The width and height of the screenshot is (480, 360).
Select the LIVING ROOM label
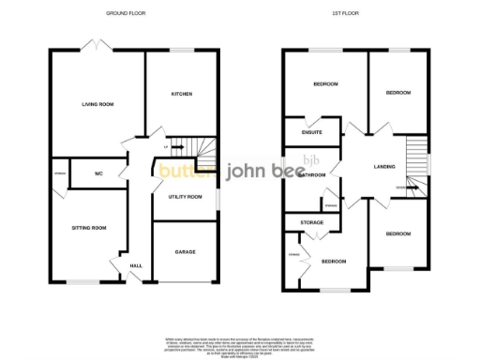click(97, 104)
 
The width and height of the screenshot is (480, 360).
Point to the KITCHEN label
click(181, 94)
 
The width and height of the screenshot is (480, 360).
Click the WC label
click(100, 173)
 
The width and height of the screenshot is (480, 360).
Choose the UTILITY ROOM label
click(185, 197)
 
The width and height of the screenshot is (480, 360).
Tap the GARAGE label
click(185, 251)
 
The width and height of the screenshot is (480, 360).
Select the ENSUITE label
click(312, 132)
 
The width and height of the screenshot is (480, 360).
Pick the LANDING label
click(383, 167)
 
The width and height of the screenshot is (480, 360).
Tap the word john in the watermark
click(242, 172)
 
